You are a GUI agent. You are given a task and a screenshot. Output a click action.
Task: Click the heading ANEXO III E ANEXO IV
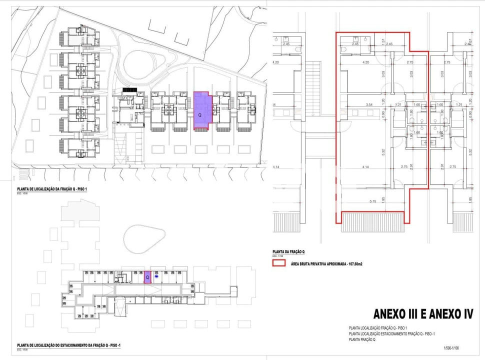(423, 314)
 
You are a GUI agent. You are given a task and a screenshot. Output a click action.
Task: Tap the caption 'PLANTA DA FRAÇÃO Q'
(288, 252)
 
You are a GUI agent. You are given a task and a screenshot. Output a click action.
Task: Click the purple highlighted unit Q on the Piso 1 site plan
(202, 111)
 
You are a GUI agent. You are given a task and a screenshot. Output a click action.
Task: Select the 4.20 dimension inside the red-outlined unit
(365, 62)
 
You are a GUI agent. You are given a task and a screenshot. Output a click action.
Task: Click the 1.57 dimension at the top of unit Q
(383, 41)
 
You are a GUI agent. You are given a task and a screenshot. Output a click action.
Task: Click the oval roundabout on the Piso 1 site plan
(142, 63)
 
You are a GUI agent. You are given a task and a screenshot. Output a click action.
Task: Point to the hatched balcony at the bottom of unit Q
(372, 221)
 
